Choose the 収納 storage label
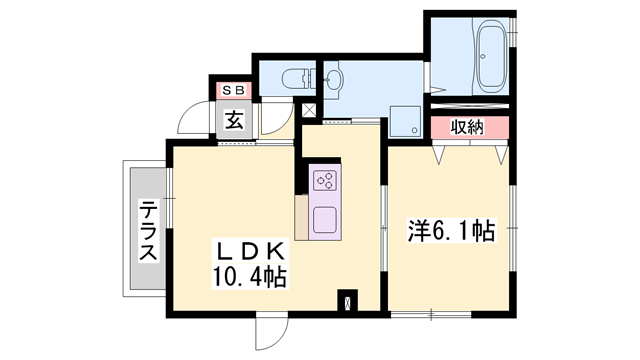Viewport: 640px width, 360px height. tap(467, 127)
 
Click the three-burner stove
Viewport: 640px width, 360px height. tap(325, 180)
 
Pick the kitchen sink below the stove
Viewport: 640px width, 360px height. tap(326, 218)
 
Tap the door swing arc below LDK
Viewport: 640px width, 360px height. tap(268, 331)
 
